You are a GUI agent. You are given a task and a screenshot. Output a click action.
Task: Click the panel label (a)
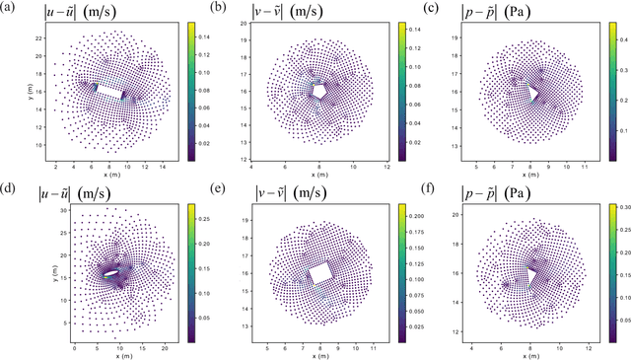[9, 9]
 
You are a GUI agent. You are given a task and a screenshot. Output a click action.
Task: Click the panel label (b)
[225, 9]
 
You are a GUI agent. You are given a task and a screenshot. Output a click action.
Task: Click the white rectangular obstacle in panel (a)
[110, 93]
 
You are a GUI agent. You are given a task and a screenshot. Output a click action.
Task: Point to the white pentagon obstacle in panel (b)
[319, 89]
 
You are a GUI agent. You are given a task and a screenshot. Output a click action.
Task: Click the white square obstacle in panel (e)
[319, 273]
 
